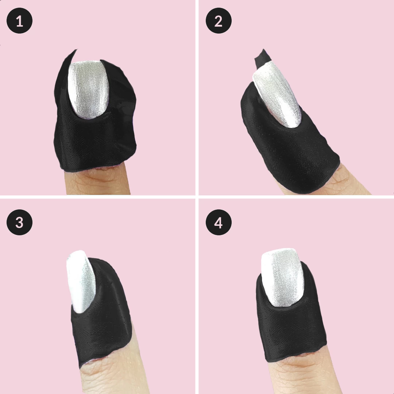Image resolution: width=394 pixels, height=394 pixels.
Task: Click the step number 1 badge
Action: (19, 20)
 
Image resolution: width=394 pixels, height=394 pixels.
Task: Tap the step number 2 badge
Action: (219, 20)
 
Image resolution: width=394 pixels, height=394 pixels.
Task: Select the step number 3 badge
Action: (19, 222)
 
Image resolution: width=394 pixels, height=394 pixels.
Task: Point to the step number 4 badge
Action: (219, 222)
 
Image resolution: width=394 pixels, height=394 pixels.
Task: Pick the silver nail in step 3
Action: (80, 281)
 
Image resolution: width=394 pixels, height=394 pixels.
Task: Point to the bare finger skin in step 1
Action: (98, 182)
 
